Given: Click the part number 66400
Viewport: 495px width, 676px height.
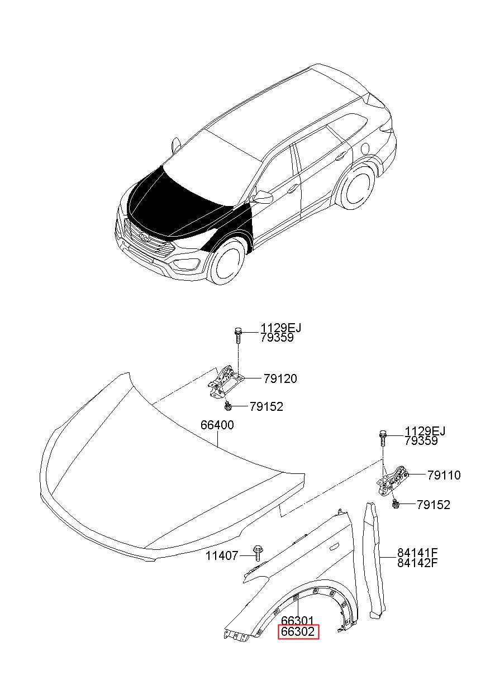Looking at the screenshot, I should [217, 425].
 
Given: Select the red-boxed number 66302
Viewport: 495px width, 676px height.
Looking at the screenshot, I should [299, 632].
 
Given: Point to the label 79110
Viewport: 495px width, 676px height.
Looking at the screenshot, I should [444, 475].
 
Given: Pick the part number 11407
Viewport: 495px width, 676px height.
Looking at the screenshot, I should [222, 555].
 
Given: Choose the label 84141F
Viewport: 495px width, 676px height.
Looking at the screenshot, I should [417, 553].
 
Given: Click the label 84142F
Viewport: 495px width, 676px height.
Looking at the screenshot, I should [417, 562].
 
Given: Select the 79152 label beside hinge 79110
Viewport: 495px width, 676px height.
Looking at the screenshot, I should [433, 505].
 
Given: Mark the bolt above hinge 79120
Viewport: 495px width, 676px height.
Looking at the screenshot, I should [238, 334].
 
